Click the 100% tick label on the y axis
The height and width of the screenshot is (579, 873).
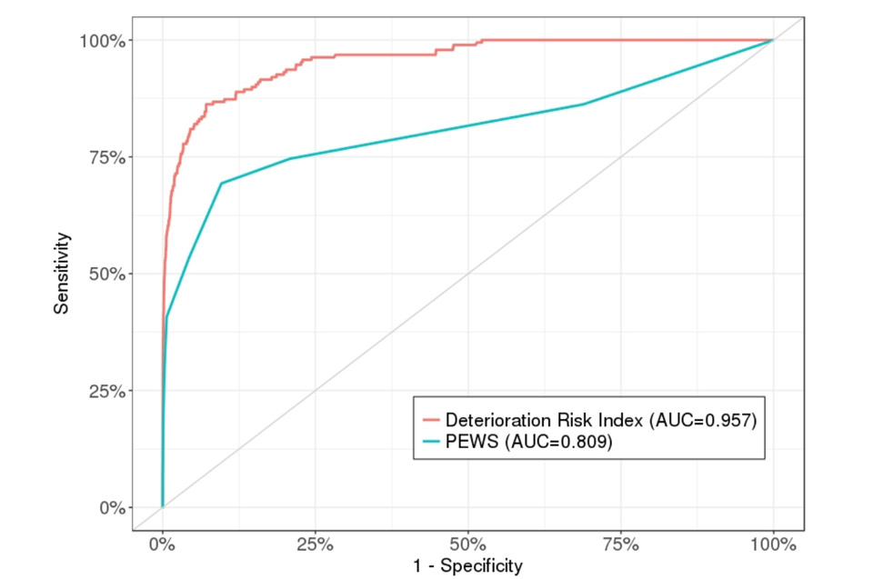pyautogui.click(x=102, y=40)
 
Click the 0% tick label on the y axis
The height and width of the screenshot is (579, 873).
pyautogui.click(x=111, y=507)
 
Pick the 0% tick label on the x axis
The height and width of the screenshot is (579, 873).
pyautogui.click(x=162, y=544)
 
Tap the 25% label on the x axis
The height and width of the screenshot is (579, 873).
pyautogui.click(x=315, y=544)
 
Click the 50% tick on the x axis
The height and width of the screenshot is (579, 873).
pyautogui.click(x=467, y=544)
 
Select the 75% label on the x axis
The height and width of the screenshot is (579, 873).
pyautogui.click(x=620, y=544)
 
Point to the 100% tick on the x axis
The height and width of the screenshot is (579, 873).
pyautogui.click(x=772, y=544)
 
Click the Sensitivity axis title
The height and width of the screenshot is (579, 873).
pyautogui.click(x=61, y=273)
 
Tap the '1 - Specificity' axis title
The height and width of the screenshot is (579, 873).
pyautogui.click(x=467, y=566)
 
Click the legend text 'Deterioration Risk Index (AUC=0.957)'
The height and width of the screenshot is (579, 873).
pyautogui.click(x=601, y=420)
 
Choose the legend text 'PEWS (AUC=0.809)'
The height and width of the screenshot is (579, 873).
pyautogui.click(x=523, y=442)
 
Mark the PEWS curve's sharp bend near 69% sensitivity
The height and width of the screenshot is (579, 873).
pyautogui.click(x=221, y=184)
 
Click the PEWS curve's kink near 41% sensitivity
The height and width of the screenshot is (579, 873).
pyautogui.click(x=167, y=316)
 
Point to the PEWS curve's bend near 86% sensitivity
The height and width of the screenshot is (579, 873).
pyautogui.click(x=584, y=105)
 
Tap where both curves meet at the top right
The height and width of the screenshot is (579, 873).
pyautogui.click(x=772, y=40)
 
